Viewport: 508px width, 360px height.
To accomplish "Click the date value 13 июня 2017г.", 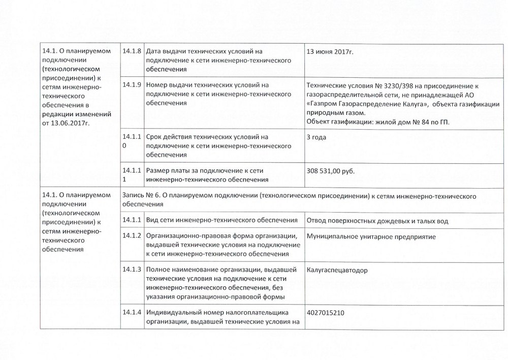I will pos(331,52).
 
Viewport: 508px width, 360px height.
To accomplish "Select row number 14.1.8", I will pos(132,51).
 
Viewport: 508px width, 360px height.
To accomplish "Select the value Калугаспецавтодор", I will pos(337,270).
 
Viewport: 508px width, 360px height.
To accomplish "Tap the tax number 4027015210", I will pos(326,312).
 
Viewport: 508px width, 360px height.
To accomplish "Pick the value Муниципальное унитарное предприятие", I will pos(371,236).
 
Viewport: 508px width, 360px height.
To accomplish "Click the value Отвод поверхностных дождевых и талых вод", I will pos(378,220).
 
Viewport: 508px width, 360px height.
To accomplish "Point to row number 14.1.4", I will pos(132,312).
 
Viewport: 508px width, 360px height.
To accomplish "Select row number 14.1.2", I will pos(132,236).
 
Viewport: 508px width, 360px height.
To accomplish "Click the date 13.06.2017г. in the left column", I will pos(71,123).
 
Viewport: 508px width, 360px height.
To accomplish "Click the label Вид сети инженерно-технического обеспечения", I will pos(221,220).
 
